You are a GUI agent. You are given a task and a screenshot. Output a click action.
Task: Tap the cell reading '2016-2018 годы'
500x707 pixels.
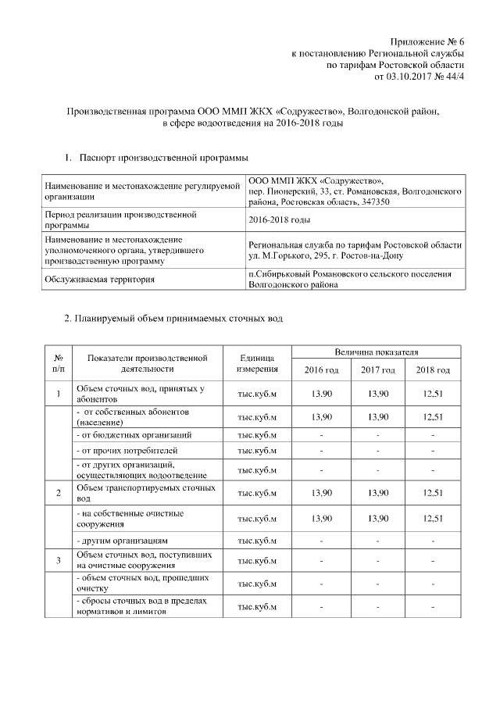[279, 219]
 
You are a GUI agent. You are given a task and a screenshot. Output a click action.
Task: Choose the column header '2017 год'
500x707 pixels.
[377, 370]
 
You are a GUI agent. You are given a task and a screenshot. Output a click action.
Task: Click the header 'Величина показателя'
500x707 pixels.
[377, 352]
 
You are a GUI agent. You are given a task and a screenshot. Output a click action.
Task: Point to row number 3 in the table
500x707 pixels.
[59, 560]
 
